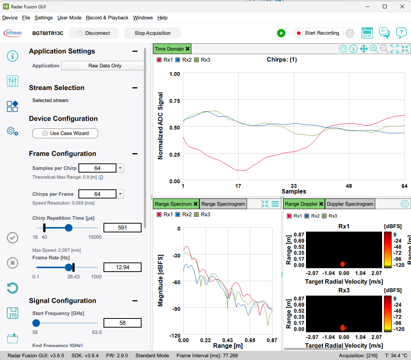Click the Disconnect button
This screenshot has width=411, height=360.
[94, 33]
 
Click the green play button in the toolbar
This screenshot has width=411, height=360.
[281, 33]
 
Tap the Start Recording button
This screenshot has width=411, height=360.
[317, 33]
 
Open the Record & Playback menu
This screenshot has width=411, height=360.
[107, 18]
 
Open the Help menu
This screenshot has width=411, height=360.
[162, 18]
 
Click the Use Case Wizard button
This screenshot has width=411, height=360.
[65, 133]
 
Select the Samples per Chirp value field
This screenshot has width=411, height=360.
[97, 168]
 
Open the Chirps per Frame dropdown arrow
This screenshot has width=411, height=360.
[120, 194]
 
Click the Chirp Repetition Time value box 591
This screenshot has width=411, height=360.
[123, 228]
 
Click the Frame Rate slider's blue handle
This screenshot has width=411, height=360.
[68, 267]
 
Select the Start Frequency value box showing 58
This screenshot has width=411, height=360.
[123, 323]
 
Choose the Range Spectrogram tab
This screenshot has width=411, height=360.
[223, 204]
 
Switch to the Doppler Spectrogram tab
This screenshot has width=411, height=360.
[350, 204]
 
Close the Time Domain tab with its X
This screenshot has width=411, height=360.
[188, 49]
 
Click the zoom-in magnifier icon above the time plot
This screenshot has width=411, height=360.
[374, 49]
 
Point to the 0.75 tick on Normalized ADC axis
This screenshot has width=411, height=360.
[175, 101]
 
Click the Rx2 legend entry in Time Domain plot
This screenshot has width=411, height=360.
[184, 60]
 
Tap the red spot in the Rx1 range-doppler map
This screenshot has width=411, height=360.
[343, 264]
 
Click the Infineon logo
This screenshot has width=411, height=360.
[13, 33]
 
